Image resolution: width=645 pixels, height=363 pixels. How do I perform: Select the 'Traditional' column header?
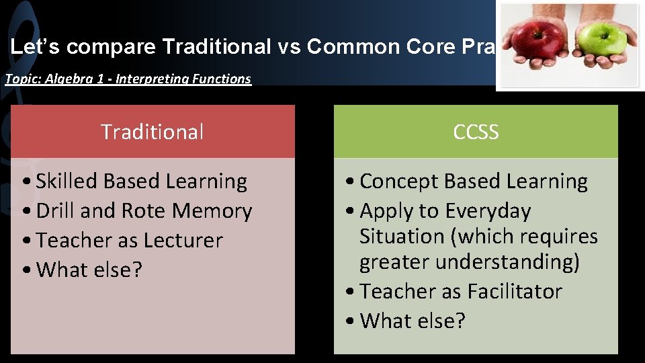(152, 132)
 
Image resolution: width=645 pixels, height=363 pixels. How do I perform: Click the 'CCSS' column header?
(476, 132)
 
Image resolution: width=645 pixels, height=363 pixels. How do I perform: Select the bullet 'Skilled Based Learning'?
(141, 181)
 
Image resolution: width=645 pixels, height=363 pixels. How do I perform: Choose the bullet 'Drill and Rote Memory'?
(144, 210)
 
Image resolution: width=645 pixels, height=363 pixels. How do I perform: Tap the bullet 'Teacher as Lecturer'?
(129, 240)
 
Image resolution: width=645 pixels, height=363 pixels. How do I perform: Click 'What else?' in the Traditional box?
(89, 270)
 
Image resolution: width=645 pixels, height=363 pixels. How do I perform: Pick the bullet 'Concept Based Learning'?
(474, 181)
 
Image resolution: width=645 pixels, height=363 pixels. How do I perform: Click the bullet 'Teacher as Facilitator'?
(460, 291)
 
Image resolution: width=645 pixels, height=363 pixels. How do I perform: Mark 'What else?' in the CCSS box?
(413, 321)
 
